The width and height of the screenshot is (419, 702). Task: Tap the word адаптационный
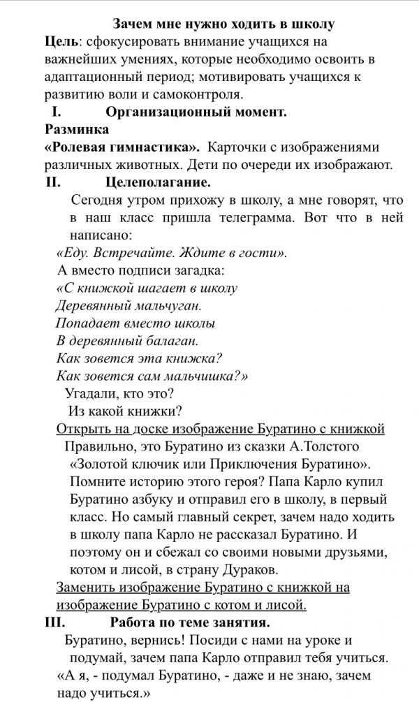90,78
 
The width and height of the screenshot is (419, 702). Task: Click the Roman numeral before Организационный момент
57,112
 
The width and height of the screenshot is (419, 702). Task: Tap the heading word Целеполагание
158,184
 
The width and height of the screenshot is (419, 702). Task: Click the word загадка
198,270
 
